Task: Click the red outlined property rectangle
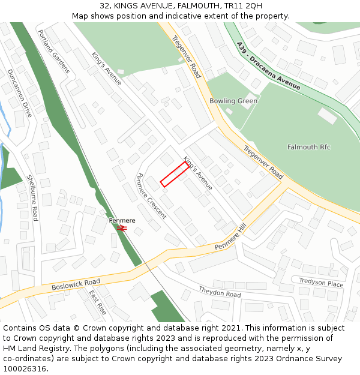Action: [x=179, y=174]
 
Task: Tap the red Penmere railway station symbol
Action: [x=122, y=228]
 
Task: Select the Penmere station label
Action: [x=122, y=220]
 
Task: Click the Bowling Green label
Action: [x=233, y=101]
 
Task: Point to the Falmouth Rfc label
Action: [x=309, y=147]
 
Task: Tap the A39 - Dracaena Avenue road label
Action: [x=268, y=66]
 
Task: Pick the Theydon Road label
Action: [x=220, y=292]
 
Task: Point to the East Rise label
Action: [x=98, y=303]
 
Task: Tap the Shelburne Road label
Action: [x=32, y=198]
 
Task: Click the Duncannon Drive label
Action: [x=20, y=92]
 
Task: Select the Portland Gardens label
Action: [x=53, y=52]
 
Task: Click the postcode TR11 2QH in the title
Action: [x=242, y=6]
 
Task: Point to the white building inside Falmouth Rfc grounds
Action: [x=328, y=116]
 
